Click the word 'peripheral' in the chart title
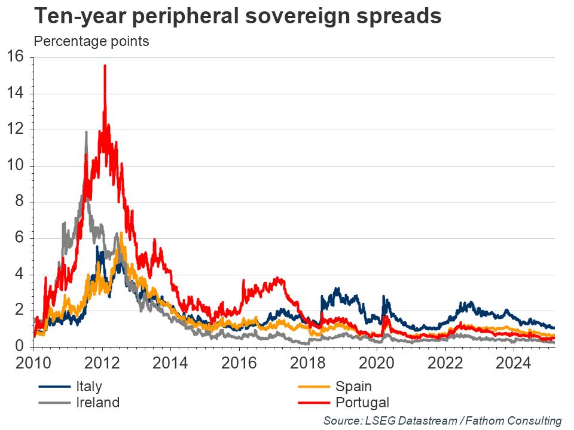coord(192,16)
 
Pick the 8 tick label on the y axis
coord(19,202)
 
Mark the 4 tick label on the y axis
coord(19,275)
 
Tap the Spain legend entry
coord(353,387)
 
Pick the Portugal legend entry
coord(362,403)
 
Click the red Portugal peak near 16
coord(105,66)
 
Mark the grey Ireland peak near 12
coord(86,132)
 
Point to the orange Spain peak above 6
coord(121,234)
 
